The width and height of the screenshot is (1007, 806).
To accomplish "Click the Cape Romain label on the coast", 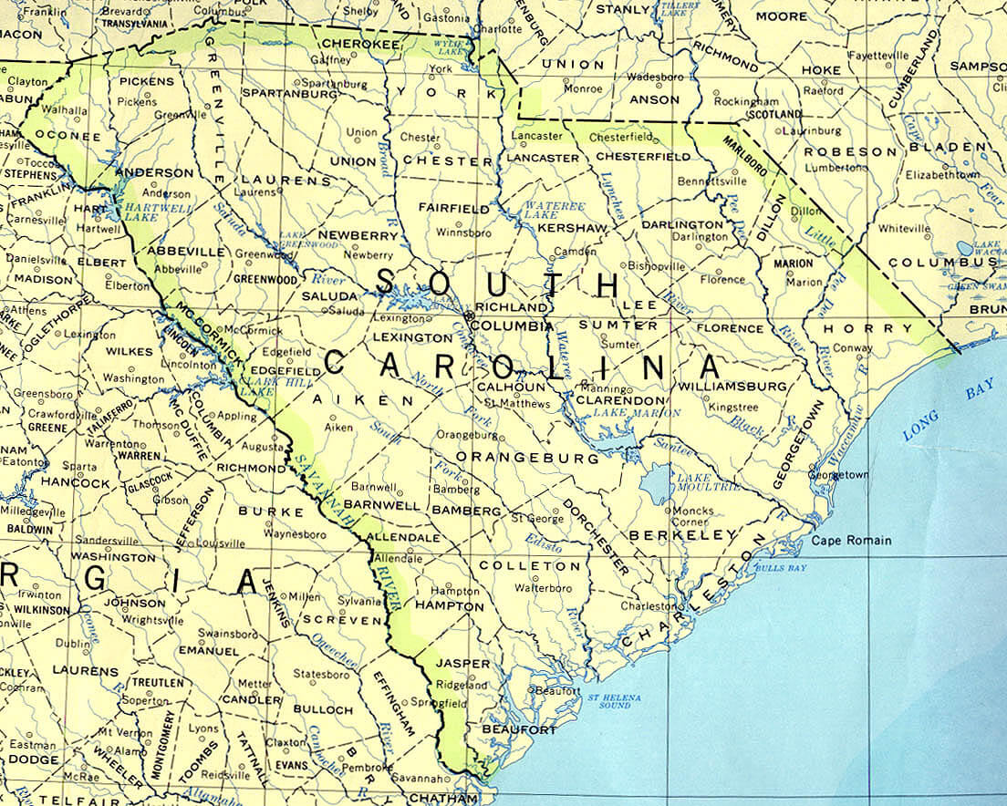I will [851, 541].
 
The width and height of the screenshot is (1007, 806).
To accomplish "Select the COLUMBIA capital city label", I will [514, 325].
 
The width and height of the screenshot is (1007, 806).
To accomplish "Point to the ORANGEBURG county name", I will [526, 457].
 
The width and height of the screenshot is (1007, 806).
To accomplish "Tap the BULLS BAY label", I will [763, 568].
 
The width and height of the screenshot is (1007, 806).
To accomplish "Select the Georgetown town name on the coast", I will [838, 475].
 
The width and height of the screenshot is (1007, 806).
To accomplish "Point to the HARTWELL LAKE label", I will [143, 212].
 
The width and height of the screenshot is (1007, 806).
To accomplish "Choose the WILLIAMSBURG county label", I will [732, 387].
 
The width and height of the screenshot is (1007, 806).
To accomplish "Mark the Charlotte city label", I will [497, 28].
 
